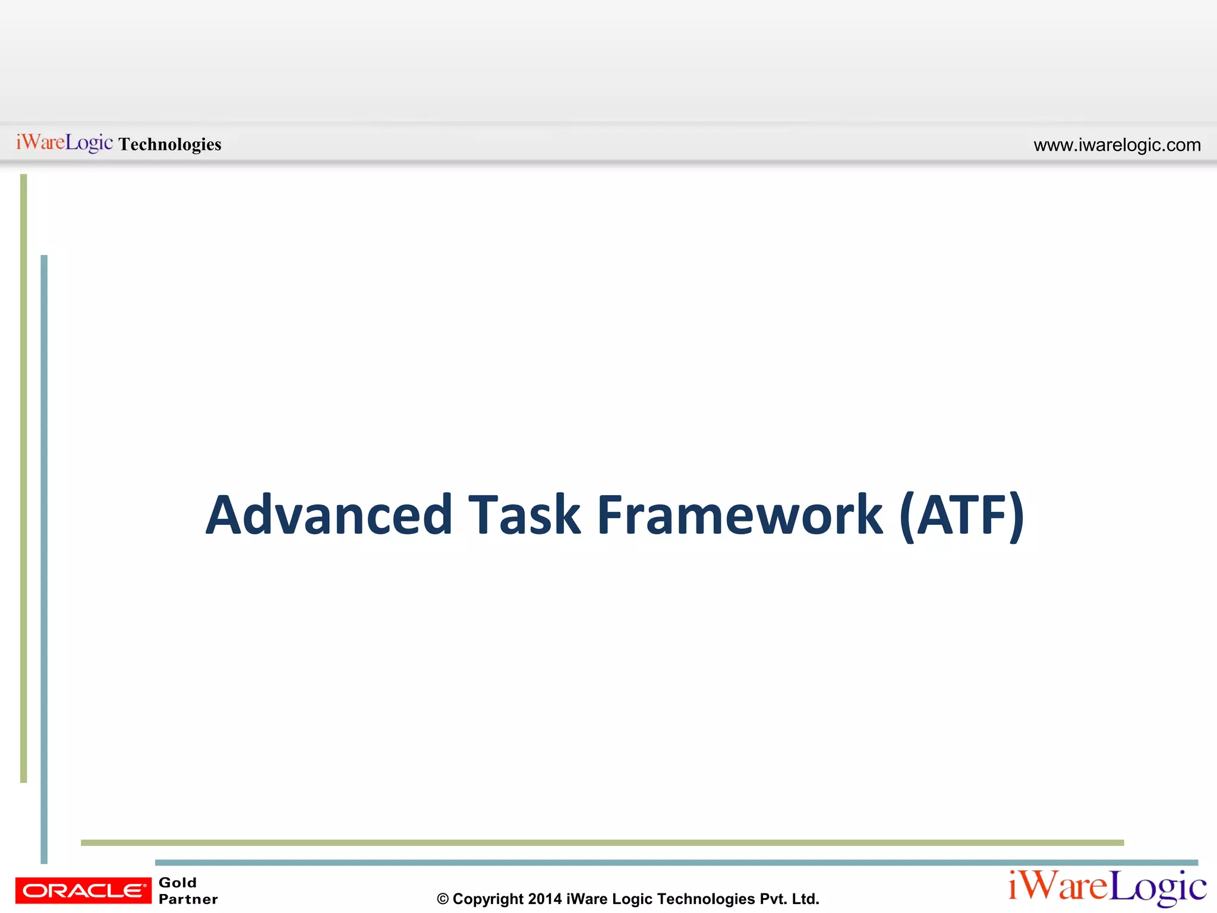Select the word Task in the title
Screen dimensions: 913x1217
524,515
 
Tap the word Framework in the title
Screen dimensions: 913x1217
740,515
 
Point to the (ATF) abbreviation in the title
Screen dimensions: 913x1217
962,515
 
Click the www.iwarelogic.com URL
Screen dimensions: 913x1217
1117,145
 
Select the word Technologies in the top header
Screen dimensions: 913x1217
170,144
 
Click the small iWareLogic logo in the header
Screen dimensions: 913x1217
64,143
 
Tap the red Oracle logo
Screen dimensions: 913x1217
83,890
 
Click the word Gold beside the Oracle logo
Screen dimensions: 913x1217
177,883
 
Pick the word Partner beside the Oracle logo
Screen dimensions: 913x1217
188,899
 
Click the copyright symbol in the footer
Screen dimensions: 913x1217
443,899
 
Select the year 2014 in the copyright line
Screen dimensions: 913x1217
544,899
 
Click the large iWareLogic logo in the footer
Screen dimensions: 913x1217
1107,887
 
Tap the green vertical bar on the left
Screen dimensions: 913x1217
24,476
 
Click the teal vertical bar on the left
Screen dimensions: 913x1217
44,559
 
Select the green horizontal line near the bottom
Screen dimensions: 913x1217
601,842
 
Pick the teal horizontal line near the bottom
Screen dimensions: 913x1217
676,862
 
